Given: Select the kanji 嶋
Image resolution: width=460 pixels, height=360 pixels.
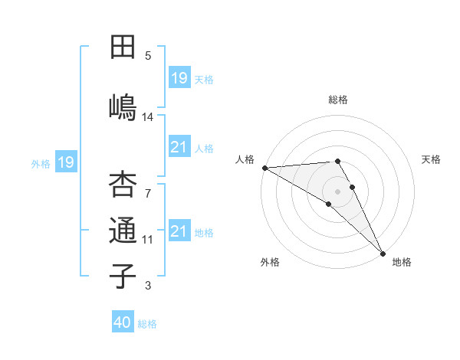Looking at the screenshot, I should [123, 106].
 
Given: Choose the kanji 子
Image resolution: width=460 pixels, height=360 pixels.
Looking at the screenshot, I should [123, 275].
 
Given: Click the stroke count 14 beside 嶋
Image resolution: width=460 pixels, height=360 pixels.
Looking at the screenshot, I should [148, 117].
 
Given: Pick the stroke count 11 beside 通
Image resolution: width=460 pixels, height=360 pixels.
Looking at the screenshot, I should [148, 240].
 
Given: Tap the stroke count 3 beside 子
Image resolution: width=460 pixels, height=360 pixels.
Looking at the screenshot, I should [148, 286].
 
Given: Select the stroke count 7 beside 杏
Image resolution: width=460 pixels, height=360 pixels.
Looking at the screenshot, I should [148, 186].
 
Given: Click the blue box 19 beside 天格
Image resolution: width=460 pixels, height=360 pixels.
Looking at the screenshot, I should [179, 77].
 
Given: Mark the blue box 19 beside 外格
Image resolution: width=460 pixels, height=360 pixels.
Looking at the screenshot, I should [66, 162].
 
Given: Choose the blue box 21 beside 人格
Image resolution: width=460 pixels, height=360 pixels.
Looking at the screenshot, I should [179, 147].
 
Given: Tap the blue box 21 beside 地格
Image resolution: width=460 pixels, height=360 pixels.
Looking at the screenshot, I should [179, 231].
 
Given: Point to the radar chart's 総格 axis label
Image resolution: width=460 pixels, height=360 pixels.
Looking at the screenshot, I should [338, 100].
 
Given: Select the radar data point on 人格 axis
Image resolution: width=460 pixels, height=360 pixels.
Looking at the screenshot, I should [264, 168].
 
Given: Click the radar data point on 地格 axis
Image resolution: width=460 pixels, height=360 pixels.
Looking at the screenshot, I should [383, 252].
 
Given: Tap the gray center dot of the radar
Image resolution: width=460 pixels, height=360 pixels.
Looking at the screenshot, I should [337, 191].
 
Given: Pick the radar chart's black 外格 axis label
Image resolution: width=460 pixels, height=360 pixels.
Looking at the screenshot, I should [270, 263].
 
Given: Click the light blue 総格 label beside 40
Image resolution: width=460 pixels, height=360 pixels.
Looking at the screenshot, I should [147, 324].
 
